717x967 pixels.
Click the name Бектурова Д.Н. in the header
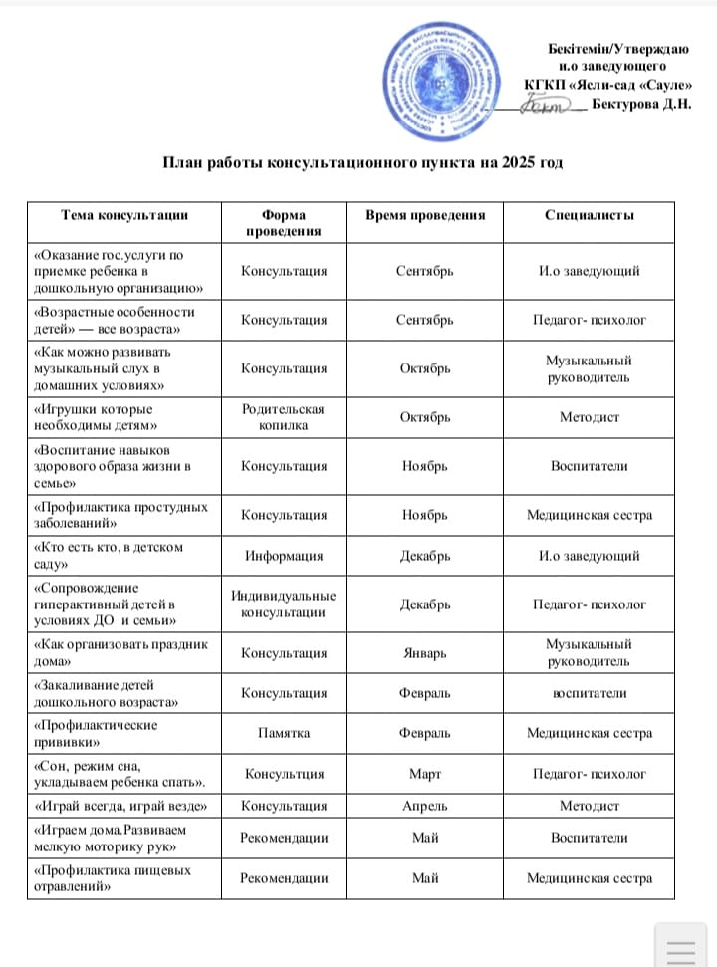[x=640, y=103]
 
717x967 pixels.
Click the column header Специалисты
[x=590, y=214]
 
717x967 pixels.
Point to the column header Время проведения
[x=425, y=214]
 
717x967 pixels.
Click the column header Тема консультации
[x=124, y=214]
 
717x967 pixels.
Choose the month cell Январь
[x=424, y=653]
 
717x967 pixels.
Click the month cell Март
[x=424, y=773]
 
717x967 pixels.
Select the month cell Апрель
[x=424, y=806]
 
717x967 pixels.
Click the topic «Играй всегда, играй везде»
[x=121, y=806]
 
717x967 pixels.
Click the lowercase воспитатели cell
[x=590, y=693]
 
